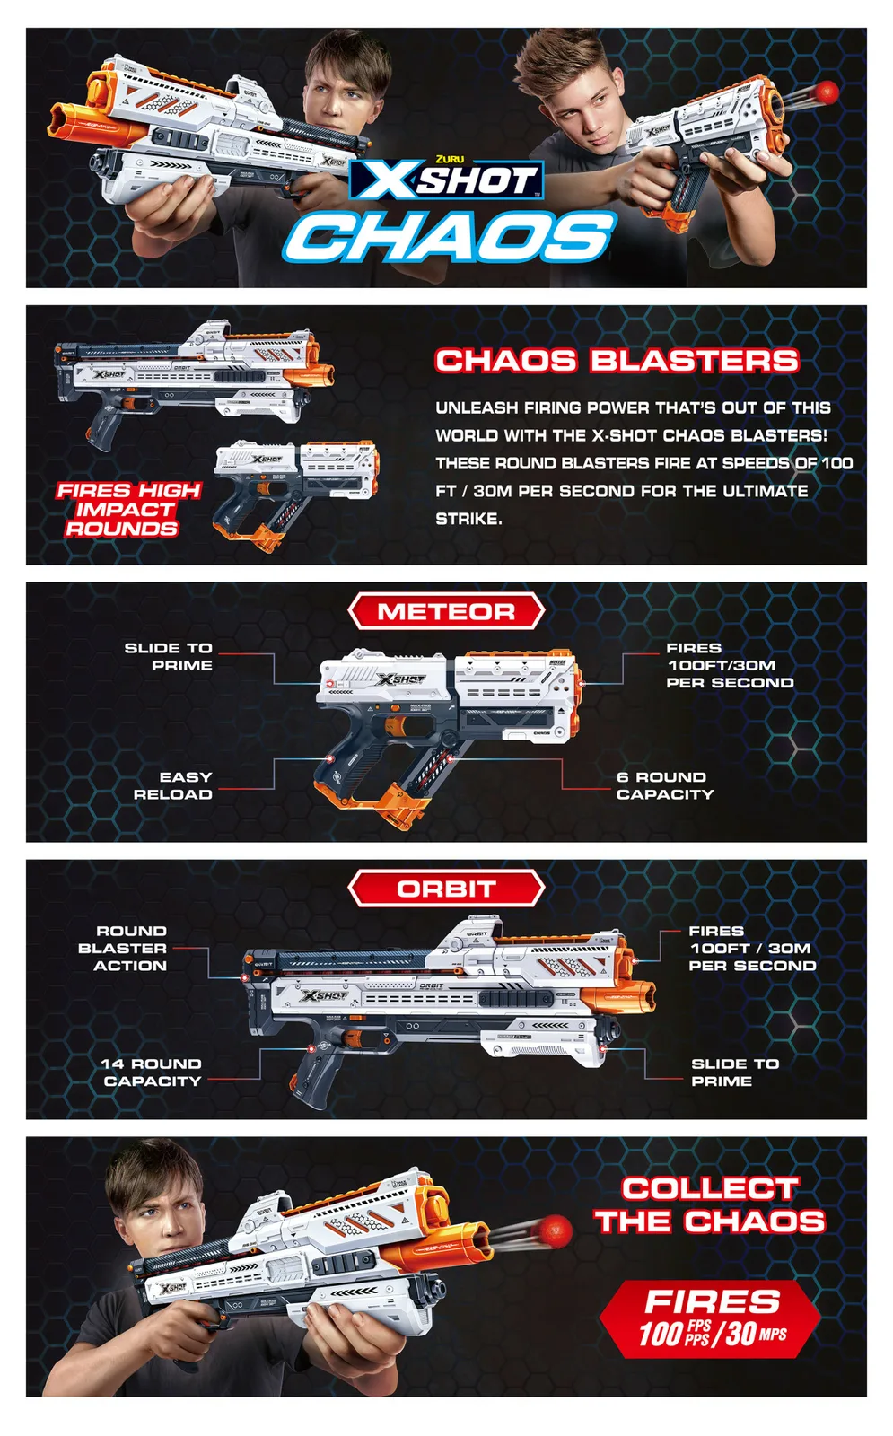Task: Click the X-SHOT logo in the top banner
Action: point(446,180)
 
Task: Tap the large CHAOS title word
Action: point(450,236)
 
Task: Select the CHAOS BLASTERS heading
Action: point(617,360)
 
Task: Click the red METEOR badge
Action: point(446,611)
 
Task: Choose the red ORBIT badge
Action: point(446,889)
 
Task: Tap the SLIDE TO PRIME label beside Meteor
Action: point(169,656)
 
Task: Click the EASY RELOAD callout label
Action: point(173,785)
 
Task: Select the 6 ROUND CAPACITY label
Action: point(665,785)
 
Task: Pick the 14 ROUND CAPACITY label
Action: point(152,1072)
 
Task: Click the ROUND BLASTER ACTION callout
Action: point(122,948)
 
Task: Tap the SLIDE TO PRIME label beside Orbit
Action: point(735,1072)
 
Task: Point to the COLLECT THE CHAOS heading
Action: point(710,1205)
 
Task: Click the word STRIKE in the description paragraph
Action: point(468,519)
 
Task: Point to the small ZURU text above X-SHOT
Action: point(450,159)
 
